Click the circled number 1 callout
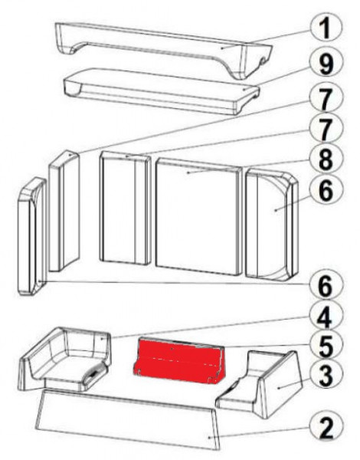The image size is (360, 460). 325,28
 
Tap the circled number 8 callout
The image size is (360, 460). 325,159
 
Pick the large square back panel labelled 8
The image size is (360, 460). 198,219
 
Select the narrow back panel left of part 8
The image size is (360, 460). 125,209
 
